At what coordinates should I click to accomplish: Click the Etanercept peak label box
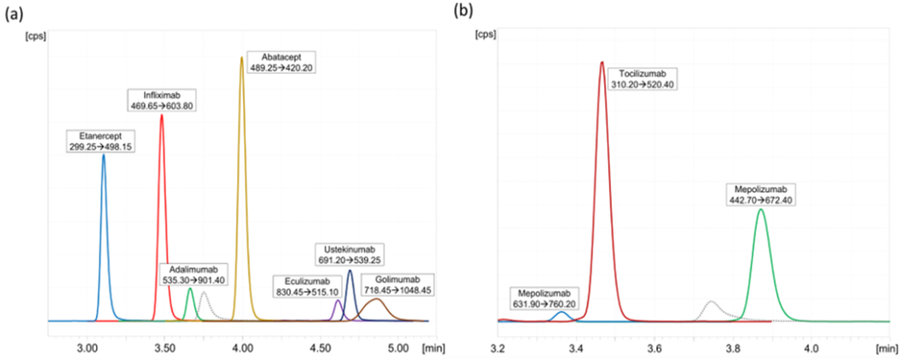(98, 141)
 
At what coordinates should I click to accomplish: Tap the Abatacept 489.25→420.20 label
(281, 62)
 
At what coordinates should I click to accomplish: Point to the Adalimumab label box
(191, 274)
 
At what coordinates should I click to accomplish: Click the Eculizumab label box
(306, 287)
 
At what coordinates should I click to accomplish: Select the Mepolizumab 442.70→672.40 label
(759, 194)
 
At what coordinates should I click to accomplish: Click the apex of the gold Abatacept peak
(242, 57)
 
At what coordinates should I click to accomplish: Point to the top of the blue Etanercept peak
(103, 154)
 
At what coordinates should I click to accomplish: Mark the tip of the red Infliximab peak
(161, 115)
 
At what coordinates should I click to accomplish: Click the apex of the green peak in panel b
(760, 209)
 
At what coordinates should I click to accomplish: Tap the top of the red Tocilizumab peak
(602, 62)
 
